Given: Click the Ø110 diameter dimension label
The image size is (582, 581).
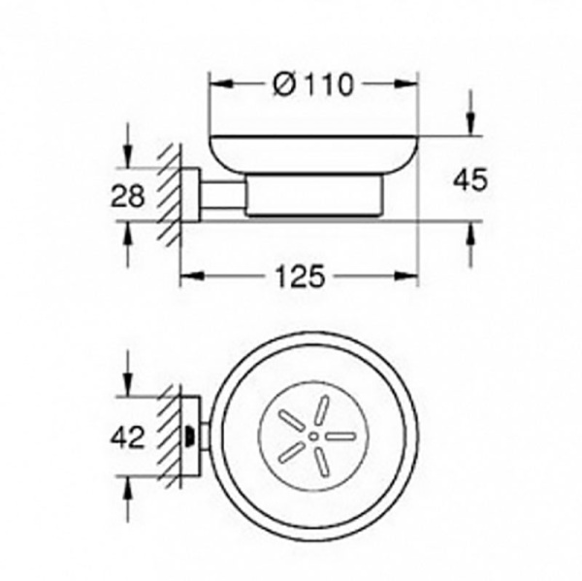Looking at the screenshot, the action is tap(313, 84).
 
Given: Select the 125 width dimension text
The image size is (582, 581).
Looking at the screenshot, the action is tap(300, 276).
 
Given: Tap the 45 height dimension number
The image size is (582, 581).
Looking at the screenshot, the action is tap(469, 180).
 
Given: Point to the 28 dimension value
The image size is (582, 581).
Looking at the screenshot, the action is tap(127, 196).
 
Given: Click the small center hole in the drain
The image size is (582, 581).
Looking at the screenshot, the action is tap(313, 436).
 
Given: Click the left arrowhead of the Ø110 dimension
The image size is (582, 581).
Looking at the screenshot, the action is tap(221, 84).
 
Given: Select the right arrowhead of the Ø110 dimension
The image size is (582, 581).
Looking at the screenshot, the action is tap(406, 84).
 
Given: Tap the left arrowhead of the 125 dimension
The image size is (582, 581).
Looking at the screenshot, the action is tap(192, 275).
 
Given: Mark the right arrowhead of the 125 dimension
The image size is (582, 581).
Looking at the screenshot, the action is tap(406, 275).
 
